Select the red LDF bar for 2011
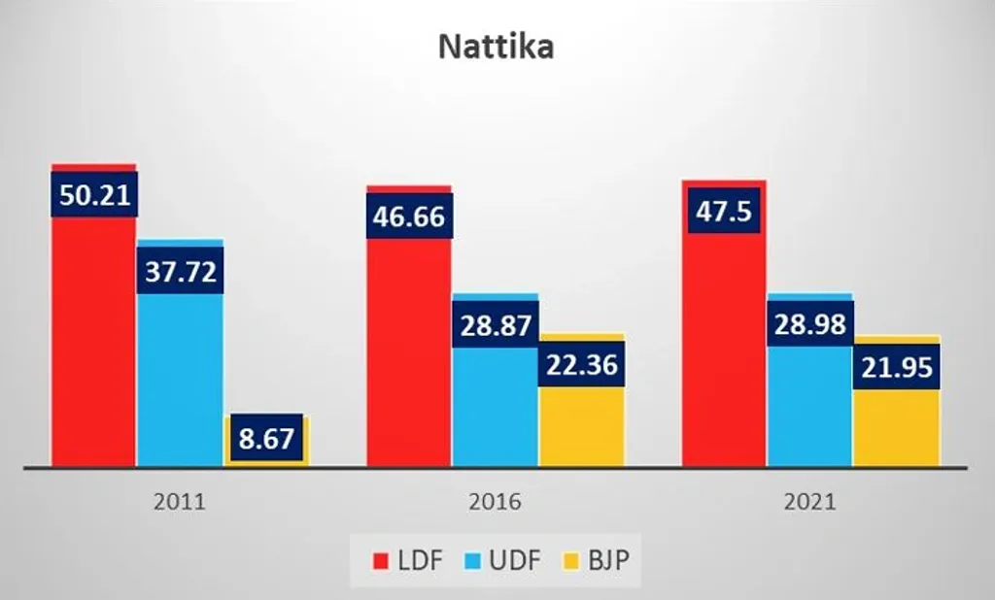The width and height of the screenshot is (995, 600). [x=93, y=340]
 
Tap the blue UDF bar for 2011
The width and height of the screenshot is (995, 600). [x=180, y=379]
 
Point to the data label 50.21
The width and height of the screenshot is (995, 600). [x=93, y=194]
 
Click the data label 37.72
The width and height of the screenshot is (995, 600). [x=180, y=270]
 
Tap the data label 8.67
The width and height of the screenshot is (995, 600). [x=265, y=439]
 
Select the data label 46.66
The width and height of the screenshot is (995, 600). [x=408, y=215]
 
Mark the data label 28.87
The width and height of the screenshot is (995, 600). [x=495, y=324]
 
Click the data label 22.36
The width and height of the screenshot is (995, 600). [x=581, y=363]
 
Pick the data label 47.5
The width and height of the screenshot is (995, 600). [x=724, y=211]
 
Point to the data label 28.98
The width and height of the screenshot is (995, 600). [x=809, y=323]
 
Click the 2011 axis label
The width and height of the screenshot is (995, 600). [x=180, y=503]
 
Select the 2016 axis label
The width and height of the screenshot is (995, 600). [x=495, y=503]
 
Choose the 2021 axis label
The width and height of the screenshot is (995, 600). [x=809, y=503]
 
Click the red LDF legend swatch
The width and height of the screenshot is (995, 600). [x=382, y=561]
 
